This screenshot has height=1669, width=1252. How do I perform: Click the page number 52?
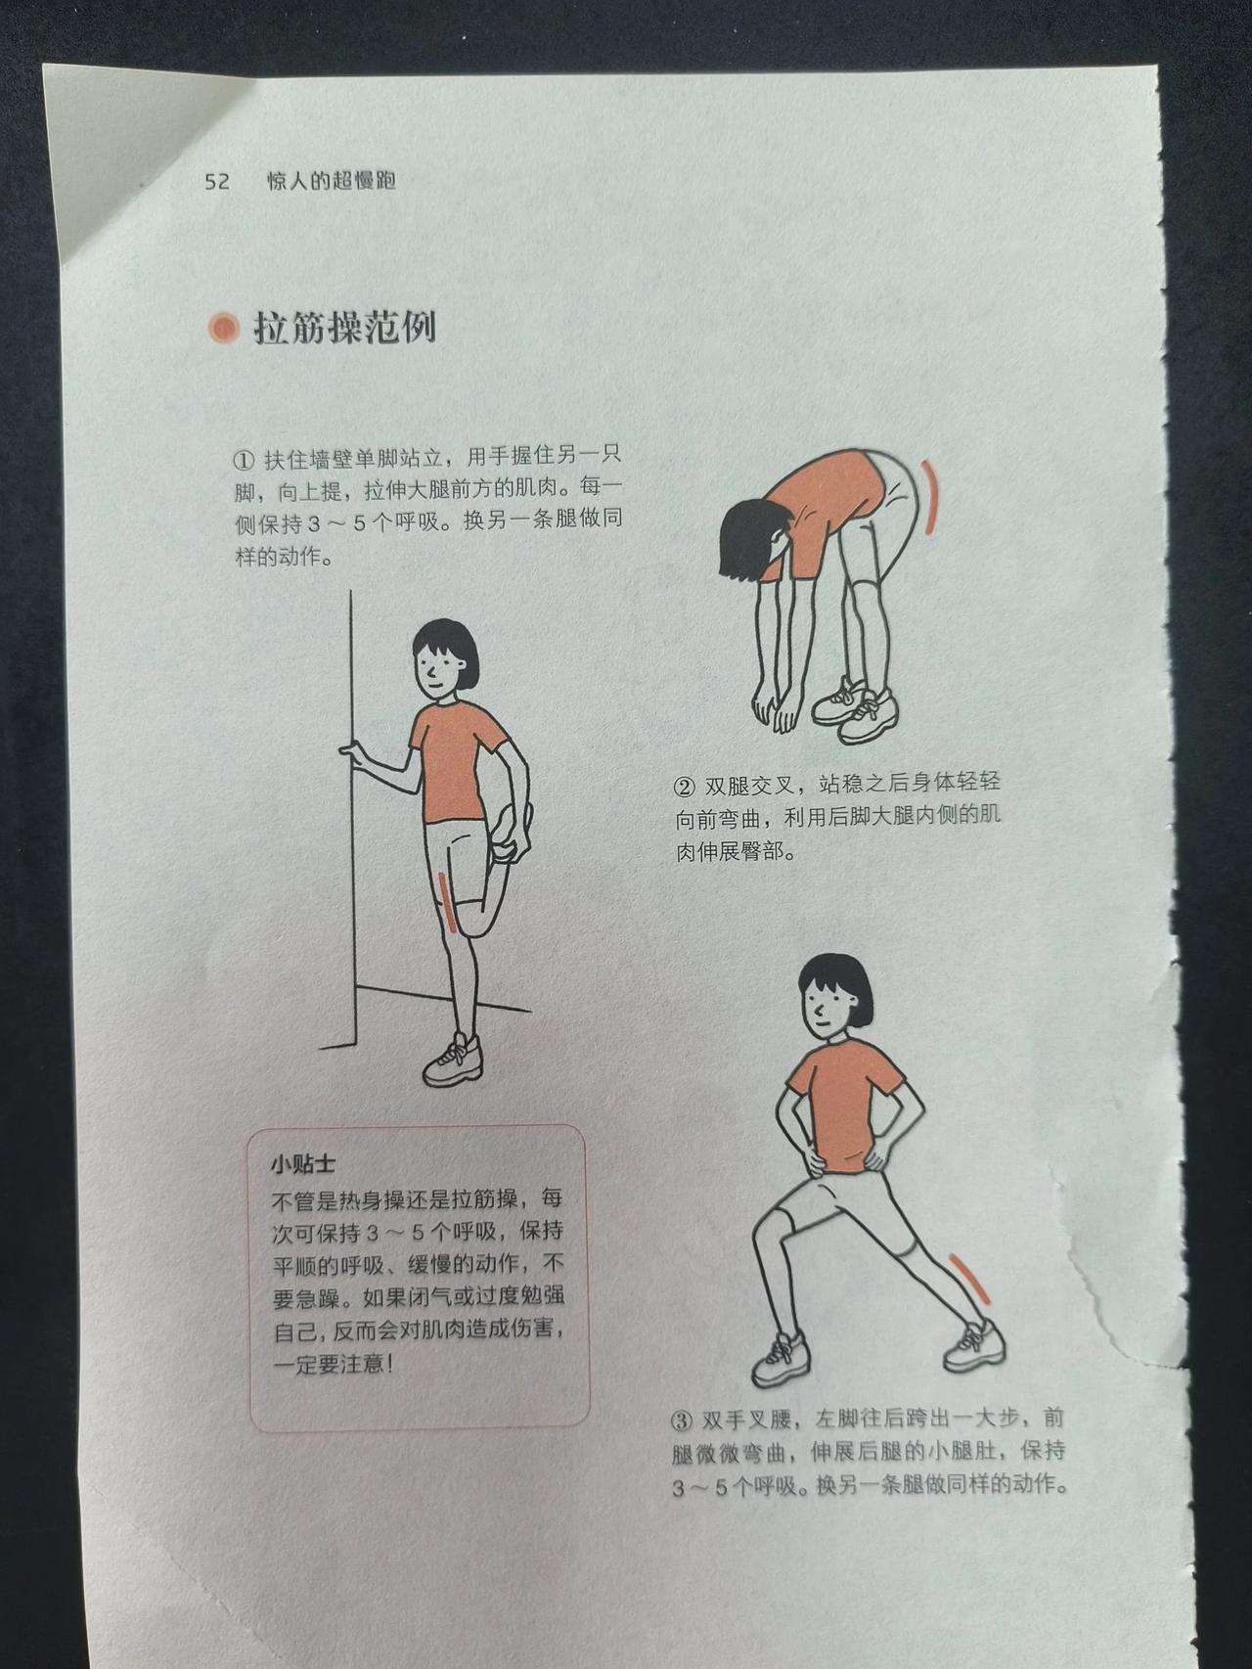click(x=217, y=181)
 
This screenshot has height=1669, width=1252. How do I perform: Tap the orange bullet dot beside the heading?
click(x=224, y=328)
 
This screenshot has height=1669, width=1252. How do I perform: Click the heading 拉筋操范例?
click(x=344, y=328)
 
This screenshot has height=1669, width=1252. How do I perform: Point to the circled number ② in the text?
click(x=685, y=787)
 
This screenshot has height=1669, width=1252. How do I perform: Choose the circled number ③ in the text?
click(x=682, y=1420)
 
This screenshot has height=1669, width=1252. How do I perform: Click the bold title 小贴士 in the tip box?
click(x=303, y=1164)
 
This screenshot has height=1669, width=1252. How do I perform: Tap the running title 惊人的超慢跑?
click(x=332, y=181)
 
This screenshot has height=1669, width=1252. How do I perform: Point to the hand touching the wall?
click(x=352, y=752)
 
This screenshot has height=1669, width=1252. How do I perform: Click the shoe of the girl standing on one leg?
click(x=453, y=1060)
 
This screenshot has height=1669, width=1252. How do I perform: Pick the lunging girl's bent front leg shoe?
click(x=782, y=1358)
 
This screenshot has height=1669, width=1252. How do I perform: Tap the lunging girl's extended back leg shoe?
click(x=974, y=1346)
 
